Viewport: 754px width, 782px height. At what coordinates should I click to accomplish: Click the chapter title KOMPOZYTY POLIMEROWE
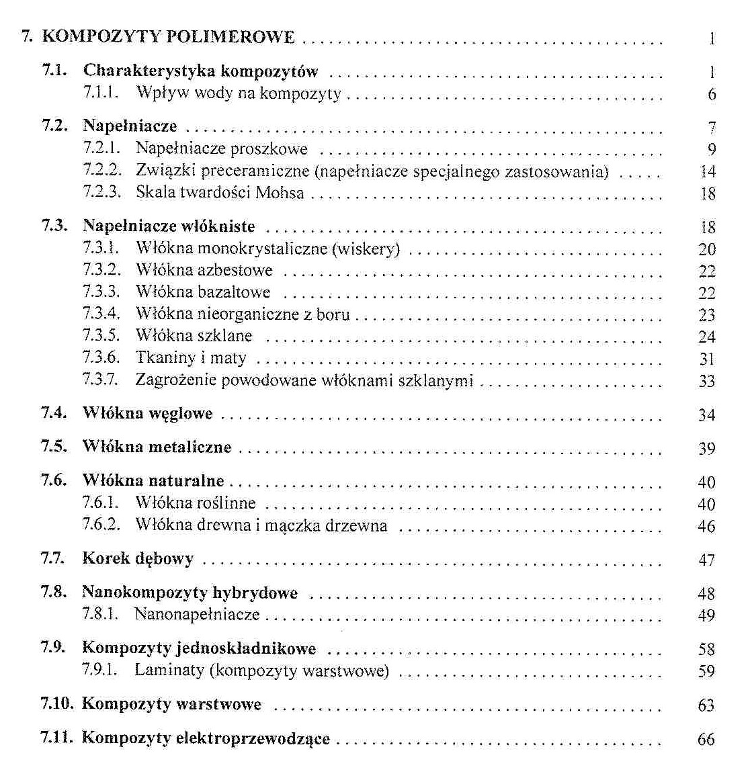click(x=168, y=36)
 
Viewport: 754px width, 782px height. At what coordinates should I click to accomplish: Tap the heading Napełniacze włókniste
click(x=169, y=226)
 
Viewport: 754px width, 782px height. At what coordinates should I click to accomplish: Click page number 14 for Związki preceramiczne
click(x=708, y=171)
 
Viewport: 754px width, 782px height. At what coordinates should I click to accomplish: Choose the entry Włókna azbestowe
click(x=204, y=271)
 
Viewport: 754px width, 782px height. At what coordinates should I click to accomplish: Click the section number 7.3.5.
click(x=101, y=336)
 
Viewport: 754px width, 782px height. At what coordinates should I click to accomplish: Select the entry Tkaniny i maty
click(x=191, y=358)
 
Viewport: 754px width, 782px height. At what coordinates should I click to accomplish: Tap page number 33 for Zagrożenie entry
click(x=706, y=381)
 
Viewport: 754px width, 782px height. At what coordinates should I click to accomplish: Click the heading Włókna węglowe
click(x=147, y=414)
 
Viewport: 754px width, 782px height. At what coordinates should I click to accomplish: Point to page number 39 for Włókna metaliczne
click(x=706, y=448)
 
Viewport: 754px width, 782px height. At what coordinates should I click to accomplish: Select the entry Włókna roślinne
click(x=196, y=503)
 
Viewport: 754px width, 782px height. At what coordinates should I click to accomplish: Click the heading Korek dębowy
click(x=138, y=559)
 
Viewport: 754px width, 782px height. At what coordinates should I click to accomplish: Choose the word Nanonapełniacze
click(x=197, y=614)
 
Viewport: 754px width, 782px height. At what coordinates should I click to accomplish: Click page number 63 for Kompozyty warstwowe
click(x=706, y=705)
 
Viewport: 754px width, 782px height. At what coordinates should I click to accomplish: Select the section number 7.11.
click(x=56, y=738)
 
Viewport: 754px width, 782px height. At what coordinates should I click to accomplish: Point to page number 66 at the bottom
click(x=706, y=740)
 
